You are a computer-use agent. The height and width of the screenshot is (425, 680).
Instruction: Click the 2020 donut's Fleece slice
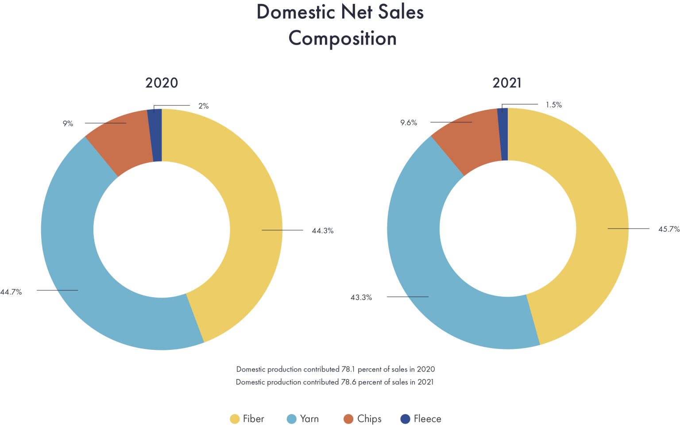tap(156, 135)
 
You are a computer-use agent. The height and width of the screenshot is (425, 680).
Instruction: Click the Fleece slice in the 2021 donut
tap(503, 134)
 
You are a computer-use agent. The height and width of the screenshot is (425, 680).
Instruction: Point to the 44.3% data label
tap(322, 230)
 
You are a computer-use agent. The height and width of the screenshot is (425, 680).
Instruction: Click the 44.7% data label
tap(11, 292)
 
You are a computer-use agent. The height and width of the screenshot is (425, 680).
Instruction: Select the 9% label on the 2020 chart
tap(68, 124)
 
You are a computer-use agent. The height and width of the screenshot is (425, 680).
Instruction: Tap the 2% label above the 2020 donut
tap(203, 106)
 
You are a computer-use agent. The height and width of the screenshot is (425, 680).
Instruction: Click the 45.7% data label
tap(668, 229)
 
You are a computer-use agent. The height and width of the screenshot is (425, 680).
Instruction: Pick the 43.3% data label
tap(361, 298)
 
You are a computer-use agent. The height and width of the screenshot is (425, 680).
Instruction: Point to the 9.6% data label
tap(409, 123)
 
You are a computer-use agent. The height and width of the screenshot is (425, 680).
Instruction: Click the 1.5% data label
tap(553, 105)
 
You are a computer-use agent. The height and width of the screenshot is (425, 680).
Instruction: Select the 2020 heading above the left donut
tap(162, 83)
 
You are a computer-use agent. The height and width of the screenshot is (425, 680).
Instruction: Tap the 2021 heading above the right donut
tap(507, 83)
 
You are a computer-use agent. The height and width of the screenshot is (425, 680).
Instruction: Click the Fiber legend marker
tap(235, 419)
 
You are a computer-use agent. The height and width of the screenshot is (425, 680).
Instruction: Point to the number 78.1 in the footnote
tap(348, 369)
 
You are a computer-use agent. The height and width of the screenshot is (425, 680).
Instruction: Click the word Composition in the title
tap(343, 38)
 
